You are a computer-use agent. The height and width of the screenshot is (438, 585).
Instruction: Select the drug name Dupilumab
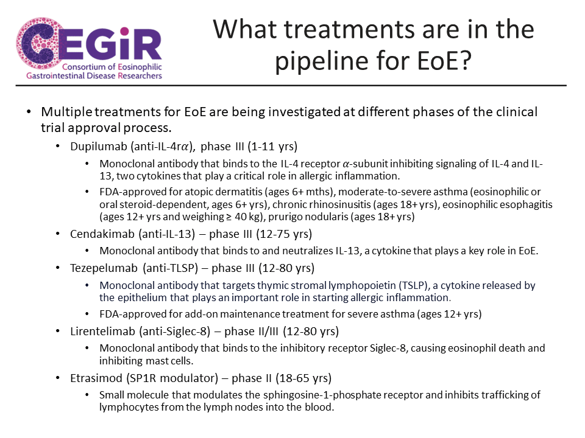click(99, 147)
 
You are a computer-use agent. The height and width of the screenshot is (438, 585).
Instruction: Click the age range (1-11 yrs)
click(272, 147)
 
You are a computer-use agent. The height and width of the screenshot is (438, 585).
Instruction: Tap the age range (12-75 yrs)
click(284, 234)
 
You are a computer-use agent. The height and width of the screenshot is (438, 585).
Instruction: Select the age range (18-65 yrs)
click(303, 378)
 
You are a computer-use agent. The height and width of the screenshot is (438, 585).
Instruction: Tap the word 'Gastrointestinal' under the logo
click(55, 75)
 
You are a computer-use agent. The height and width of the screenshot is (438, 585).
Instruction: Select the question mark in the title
click(464, 60)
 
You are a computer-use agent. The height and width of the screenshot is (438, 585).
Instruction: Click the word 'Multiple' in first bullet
click(66, 112)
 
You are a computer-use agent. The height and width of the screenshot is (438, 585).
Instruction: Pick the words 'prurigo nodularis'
click(308, 217)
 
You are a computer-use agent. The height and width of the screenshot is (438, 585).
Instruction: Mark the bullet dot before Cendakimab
click(57, 234)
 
